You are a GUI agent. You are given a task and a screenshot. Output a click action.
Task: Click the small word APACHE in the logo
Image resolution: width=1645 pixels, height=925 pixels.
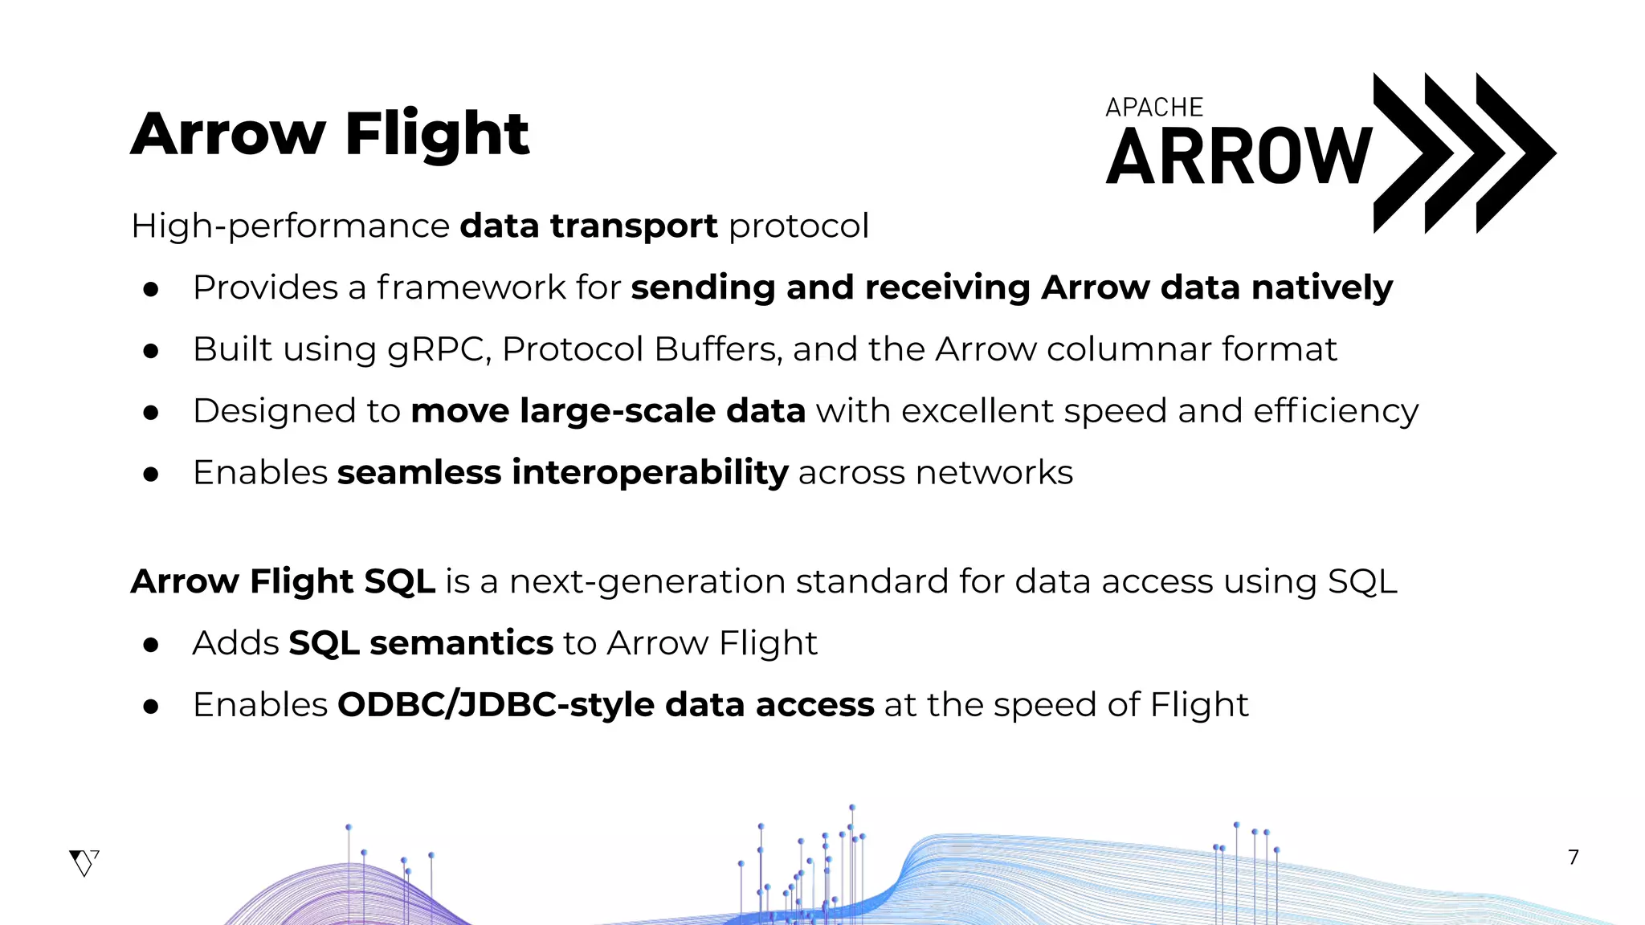[x=1154, y=108]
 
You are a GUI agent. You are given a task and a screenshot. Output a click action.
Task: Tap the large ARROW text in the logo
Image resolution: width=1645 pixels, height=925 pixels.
[x=1239, y=157]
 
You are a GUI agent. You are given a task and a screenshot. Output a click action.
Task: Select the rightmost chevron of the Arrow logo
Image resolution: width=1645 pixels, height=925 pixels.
[x=1515, y=153]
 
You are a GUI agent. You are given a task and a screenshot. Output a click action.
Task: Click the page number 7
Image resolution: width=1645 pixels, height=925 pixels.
[x=1574, y=858]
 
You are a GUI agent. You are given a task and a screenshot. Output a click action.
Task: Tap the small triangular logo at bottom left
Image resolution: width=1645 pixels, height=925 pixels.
[x=84, y=862]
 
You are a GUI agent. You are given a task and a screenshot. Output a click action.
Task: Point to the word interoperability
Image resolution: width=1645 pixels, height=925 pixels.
[x=650, y=473]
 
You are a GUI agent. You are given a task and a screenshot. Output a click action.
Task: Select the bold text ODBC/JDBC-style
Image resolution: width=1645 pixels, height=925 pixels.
[x=496, y=705]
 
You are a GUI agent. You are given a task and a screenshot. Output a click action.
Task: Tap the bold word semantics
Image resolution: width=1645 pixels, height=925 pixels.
[x=461, y=643]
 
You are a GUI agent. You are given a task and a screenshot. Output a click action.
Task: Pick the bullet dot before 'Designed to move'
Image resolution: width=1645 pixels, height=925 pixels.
[x=151, y=413]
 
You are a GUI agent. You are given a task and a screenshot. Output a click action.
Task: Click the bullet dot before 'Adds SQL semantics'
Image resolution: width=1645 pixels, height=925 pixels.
[x=151, y=645]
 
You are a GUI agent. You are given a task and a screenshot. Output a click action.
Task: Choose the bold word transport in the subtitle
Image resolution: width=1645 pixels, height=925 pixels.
[x=633, y=226]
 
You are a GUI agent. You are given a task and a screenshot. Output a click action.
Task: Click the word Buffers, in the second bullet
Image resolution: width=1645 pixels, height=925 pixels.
[x=717, y=349]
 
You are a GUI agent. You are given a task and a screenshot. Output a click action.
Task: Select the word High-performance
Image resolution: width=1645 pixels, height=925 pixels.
[x=290, y=226]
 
